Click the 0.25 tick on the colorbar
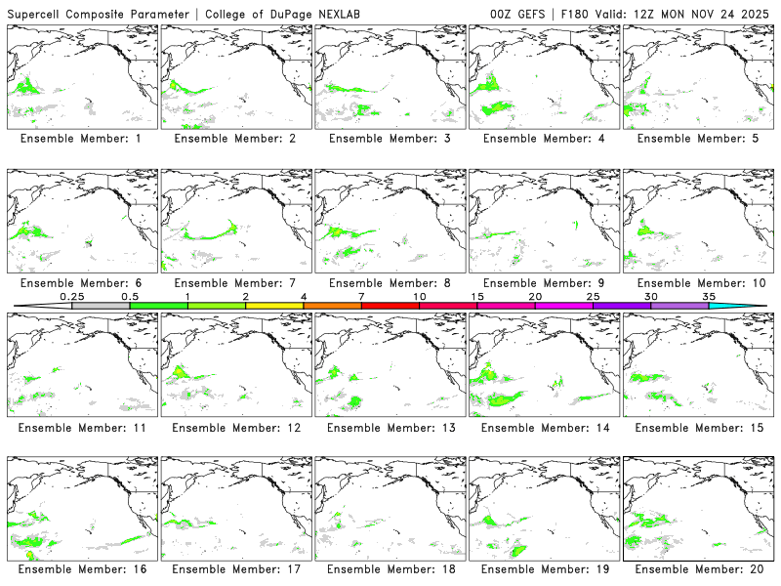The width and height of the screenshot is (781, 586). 72,296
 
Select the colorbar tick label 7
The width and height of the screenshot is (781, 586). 361,296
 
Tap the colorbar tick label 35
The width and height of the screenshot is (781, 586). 709,296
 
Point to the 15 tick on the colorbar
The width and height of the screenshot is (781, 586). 477,296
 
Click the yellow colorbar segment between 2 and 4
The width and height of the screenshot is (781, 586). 274,306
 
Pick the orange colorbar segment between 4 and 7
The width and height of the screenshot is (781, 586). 332,306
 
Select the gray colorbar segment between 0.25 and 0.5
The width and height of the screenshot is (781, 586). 101,306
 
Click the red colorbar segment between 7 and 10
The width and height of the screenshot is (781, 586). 390,306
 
